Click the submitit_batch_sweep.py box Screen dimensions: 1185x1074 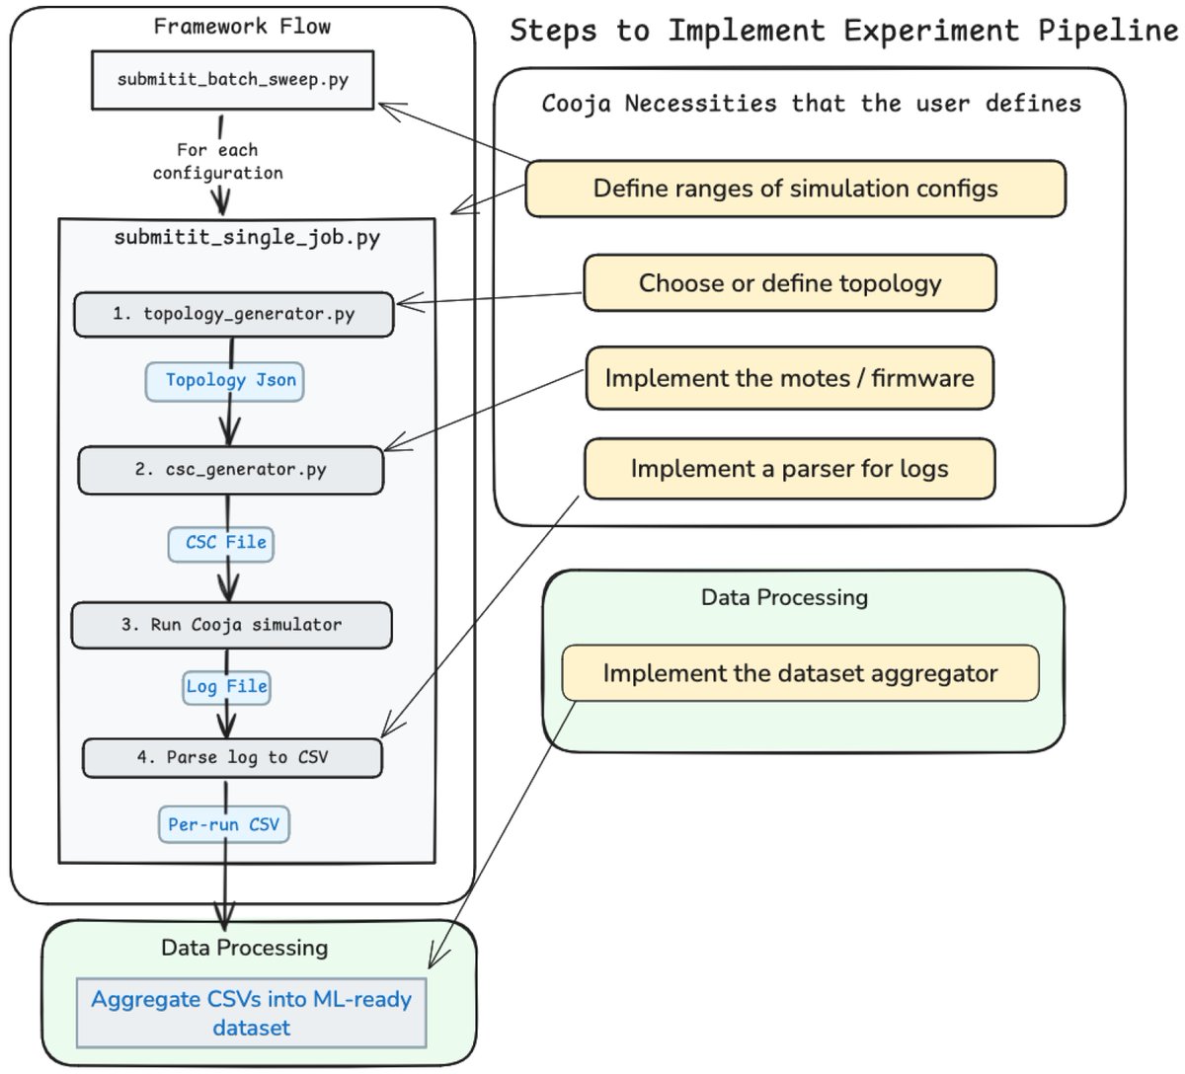tap(233, 80)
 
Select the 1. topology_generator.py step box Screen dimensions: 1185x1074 tap(234, 314)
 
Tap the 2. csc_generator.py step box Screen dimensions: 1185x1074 tap(231, 470)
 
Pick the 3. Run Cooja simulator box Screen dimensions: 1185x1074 tap(231, 625)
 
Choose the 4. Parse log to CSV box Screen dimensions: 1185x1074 tap(232, 758)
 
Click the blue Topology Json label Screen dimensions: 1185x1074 tap(224, 382)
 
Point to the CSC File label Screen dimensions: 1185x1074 tap(221, 544)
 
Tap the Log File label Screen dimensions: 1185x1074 tap(226, 688)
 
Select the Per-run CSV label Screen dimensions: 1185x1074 tap(224, 824)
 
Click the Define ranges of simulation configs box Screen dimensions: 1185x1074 tap(796, 189)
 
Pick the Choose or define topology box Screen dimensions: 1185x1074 tap(790, 283)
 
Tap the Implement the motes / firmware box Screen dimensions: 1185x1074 tap(790, 378)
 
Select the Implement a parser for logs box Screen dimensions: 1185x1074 tap(790, 469)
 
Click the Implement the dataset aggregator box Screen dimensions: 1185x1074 tap(801, 673)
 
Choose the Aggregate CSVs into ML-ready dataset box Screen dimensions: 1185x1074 tap(251, 1013)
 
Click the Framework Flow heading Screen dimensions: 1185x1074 tap(242, 27)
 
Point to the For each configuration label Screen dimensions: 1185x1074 tap(218, 161)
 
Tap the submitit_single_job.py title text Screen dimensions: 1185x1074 tap(247, 238)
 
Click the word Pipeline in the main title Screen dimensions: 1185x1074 tap(1109, 31)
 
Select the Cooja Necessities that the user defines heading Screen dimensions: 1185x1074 tap(812, 104)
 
